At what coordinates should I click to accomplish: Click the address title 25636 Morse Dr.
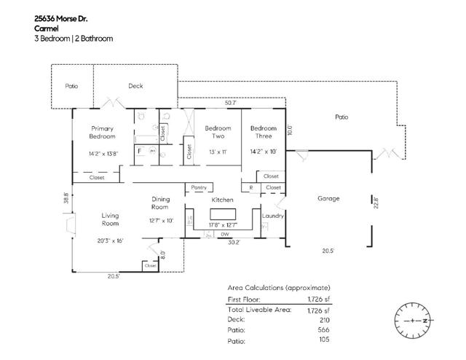click(63, 17)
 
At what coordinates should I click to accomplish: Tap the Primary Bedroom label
click(102, 132)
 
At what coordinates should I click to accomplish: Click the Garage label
click(329, 198)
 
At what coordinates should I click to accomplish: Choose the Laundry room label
click(272, 216)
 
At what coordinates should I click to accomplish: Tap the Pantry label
click(199, 187)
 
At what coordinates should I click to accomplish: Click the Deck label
click(135, 86)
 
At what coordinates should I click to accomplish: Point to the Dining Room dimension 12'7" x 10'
click(161, 220)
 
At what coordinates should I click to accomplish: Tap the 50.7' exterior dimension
click(230, 103)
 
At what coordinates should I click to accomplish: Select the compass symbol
click(412, 321)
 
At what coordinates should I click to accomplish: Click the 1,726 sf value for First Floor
click(317, 299)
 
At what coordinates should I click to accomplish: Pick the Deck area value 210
click(325, 319)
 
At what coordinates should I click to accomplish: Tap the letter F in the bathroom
click(140, 151)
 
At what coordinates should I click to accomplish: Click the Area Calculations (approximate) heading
click(279, 288)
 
